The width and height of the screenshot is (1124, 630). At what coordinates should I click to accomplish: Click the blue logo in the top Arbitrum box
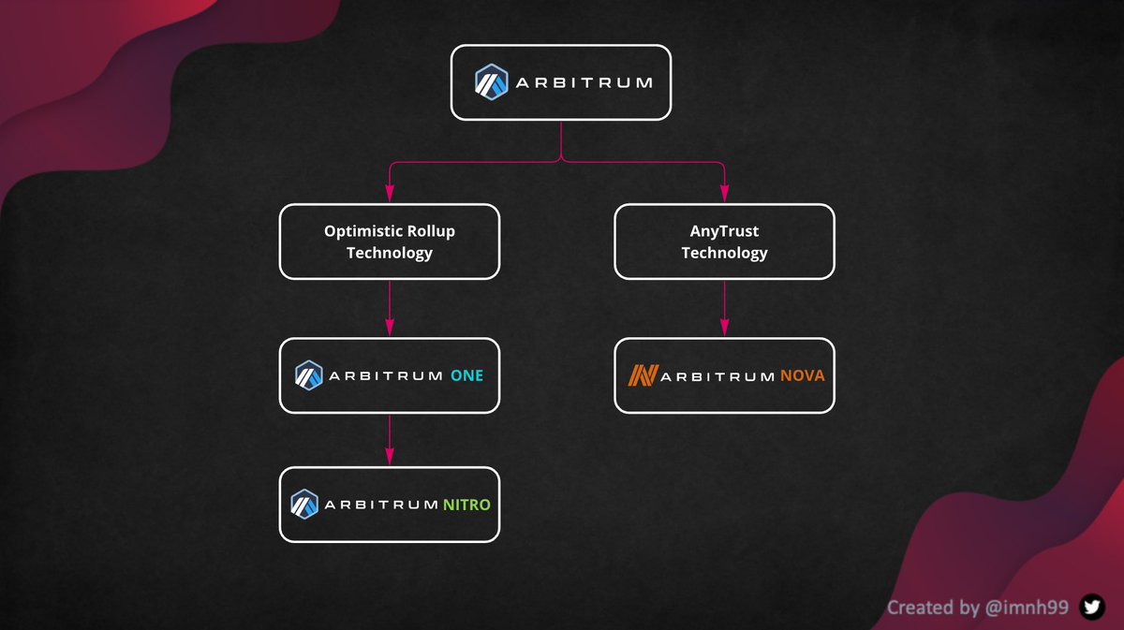[x=490, y=82]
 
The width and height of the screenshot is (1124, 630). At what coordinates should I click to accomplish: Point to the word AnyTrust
[x=724, y=230]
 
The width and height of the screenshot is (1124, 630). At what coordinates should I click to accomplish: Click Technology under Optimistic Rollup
[x=390, y=253]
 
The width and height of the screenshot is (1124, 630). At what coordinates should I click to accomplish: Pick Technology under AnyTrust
[x=724, y=253]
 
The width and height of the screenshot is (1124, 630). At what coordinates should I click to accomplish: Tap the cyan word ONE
[x=466, y=375]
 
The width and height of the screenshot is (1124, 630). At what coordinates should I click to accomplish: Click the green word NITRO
[x=466, y=505]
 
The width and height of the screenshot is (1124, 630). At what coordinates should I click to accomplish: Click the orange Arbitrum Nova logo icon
[x=642, y=375]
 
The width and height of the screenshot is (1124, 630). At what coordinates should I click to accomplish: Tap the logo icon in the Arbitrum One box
[x=309, y=375]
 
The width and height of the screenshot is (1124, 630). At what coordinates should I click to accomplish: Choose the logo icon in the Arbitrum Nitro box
[x=305, y=504]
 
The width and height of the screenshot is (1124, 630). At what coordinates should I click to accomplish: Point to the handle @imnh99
[x=1028, y=608]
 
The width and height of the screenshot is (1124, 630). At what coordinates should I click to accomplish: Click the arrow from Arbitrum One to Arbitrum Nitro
[x=390, y=438]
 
